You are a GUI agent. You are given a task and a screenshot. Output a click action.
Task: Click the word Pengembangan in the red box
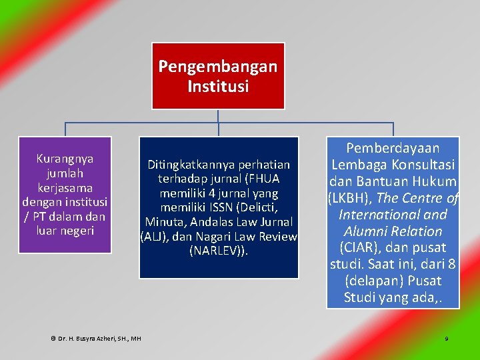218,67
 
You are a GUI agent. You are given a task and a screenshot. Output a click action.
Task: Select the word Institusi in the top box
218,87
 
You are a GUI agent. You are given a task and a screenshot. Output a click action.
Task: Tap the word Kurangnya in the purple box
65,159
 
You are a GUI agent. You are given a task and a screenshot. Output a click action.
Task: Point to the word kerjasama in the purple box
65,188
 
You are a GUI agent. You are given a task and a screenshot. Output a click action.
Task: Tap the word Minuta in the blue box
162,222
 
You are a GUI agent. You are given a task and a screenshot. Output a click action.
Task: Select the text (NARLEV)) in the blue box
219,251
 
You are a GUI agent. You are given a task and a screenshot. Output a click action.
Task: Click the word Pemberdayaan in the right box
393,147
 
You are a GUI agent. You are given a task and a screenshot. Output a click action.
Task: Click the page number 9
447,339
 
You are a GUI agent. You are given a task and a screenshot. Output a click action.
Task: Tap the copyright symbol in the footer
53,339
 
